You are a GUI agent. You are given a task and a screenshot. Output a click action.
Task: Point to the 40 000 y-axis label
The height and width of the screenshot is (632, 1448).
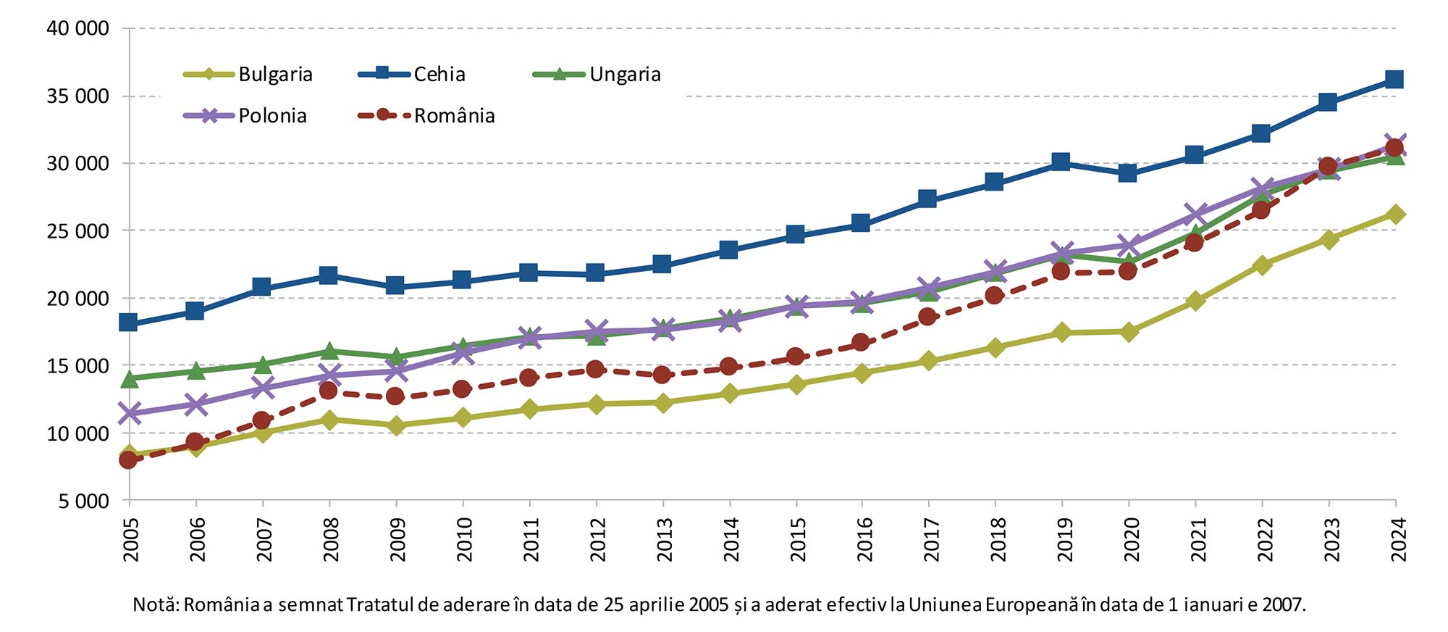[77, 28]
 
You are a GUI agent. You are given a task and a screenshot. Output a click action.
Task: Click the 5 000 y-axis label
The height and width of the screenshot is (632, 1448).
[83, 502]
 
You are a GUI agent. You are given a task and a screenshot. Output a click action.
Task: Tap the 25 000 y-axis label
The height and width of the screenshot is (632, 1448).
[77, 231]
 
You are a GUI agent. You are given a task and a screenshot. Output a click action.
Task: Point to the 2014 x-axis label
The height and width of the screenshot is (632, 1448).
[731, 540]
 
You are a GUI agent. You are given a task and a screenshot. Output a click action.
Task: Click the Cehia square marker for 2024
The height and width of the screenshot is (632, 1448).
[1394, 79]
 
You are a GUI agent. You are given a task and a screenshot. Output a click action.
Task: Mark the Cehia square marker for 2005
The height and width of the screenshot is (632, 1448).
[128, 323]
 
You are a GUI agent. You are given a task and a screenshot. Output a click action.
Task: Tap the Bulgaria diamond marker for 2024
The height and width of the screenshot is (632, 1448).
[1395, 215]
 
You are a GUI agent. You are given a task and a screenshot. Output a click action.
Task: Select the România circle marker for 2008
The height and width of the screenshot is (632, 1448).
[328, 391]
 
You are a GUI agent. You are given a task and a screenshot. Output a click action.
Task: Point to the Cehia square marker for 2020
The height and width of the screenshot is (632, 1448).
[1127, 173]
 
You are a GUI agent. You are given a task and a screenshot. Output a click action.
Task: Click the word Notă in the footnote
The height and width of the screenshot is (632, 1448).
[155, 604]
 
